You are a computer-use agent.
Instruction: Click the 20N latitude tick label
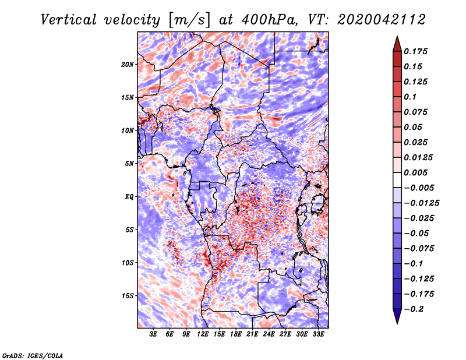coord(128,64)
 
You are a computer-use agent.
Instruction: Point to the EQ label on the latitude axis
coord(129,197)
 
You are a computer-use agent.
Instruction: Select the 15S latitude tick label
coord(128,296)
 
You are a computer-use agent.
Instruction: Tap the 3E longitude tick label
coord(154,335)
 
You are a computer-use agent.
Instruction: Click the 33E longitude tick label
coord(318,335)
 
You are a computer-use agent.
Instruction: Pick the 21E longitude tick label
coord(252,335)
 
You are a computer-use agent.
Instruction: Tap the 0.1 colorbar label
coord(411,97)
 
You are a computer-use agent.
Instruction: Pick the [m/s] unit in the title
coord(186,20)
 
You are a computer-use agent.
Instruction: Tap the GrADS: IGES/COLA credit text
coord(33,355)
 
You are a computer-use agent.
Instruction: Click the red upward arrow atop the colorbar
coord(397,43)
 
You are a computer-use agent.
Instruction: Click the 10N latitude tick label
coord(128,130)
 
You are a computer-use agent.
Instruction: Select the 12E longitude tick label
coord(203,335)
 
